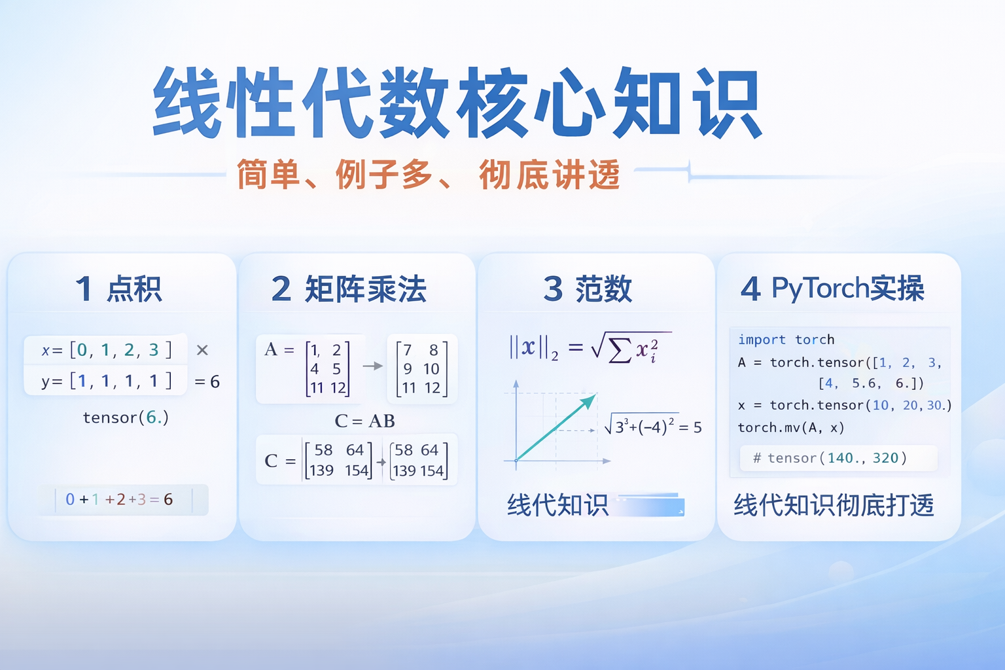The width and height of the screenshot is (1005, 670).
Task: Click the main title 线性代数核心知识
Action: [457, 103]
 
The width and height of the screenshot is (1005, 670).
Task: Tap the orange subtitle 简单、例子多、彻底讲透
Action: [428, 175]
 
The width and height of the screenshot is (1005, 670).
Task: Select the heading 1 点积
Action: [118, 289]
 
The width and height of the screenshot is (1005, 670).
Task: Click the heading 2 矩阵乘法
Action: [349, 289]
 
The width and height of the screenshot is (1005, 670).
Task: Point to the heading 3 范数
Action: [588, 289]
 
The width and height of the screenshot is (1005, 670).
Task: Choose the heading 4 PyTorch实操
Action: [832, 289]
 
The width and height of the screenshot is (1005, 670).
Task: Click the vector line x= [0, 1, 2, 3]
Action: [107, 350]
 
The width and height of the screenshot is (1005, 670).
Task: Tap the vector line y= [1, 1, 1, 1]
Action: [107, 381]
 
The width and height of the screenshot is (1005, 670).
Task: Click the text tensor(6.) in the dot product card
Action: [126, 417]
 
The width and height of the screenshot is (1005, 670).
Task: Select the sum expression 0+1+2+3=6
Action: [119, 499]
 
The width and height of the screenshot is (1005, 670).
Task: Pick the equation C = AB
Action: [364, 421]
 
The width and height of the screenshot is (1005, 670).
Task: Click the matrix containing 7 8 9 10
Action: [421, 368]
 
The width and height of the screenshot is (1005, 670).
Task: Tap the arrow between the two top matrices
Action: [372, 366]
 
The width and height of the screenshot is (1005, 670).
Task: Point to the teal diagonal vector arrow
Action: [556, 427]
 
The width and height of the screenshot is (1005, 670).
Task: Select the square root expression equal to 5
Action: [652, 427]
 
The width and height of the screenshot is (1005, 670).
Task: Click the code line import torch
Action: [786, 340]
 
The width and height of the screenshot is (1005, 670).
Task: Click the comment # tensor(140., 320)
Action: [830, 458]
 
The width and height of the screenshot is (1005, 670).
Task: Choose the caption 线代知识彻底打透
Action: [834, 505]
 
